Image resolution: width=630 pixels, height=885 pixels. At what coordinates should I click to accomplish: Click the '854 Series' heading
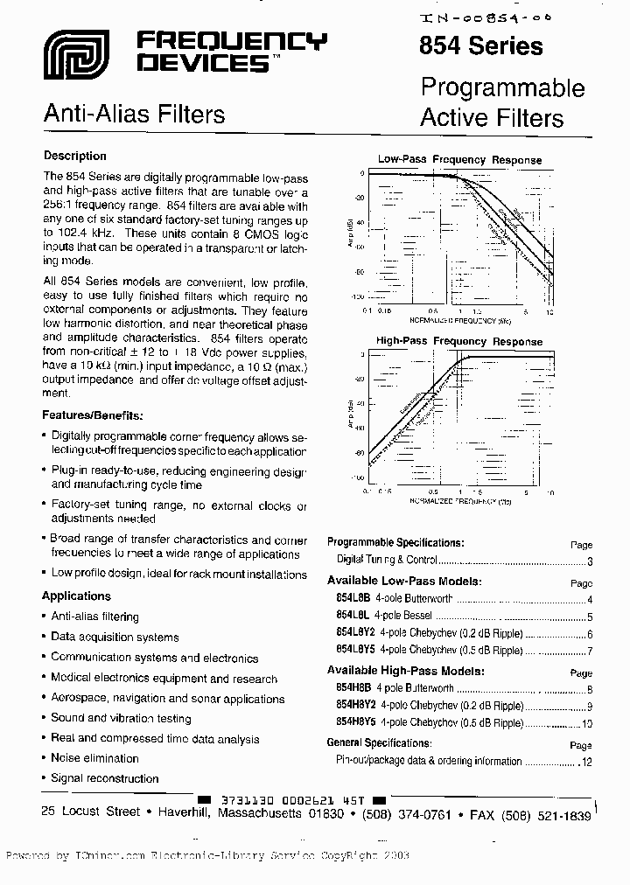pyautogui.click(x=481, y=46)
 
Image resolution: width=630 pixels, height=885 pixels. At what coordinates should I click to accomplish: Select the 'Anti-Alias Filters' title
pyautogui.click(x=134, y=114)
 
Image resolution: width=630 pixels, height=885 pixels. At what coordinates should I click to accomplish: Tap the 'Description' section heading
pyautogui.click(x=74, y=157)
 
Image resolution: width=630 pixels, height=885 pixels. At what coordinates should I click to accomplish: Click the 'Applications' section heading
pyautogui.click(x=76, y=596)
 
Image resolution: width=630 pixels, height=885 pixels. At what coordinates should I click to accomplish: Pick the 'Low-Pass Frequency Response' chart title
pyautogui.click(x=459, y=160)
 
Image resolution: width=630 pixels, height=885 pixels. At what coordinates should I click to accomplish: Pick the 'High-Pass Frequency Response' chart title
pyautogui.click(x=459, y=341)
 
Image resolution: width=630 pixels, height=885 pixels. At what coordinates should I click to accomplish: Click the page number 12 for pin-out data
pyautogui.click(x=586, y=762)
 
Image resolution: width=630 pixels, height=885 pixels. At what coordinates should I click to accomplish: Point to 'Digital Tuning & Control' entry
pyautogui.click(x=387, y=560)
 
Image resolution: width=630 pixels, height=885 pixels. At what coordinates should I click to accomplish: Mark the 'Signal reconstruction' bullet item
pyautogui.click(x=105, y=778)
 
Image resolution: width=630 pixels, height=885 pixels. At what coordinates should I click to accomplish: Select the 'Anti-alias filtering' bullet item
pyautogui.click(x=94, y=617)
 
